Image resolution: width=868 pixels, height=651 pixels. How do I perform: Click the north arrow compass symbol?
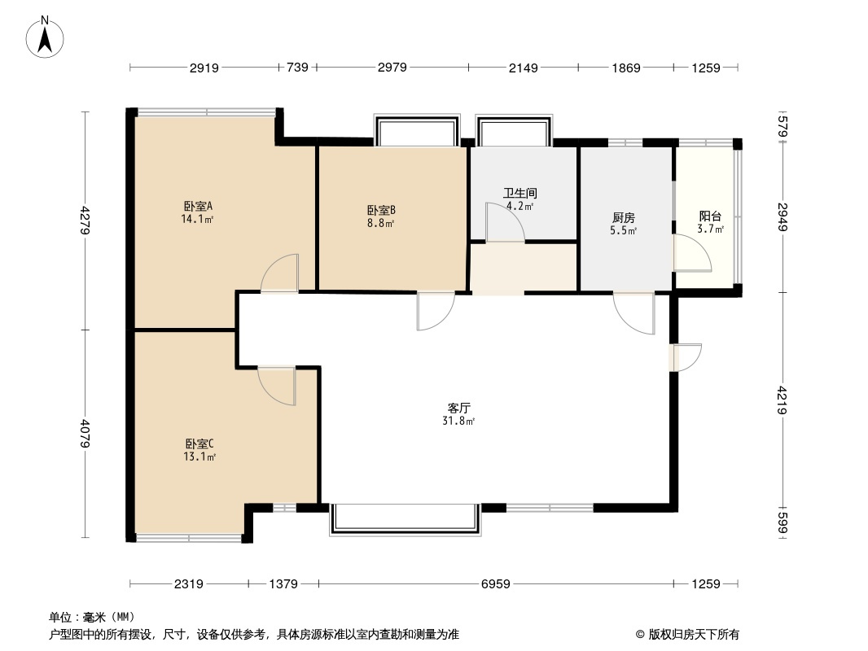pos(45,37)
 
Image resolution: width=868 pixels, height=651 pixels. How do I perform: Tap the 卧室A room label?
pos(198,207)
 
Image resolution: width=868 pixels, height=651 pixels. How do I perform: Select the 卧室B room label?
pos(381,211)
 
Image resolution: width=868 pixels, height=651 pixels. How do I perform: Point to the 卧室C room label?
pos(199,444)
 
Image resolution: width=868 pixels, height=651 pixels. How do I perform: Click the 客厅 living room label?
pos(459,409)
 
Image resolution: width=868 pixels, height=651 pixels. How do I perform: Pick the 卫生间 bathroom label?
pos(519,193)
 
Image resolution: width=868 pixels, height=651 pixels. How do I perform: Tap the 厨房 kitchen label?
pos(624,218)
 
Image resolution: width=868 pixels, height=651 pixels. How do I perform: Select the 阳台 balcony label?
pos(710,216)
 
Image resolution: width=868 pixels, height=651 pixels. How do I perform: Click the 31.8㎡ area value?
pos(458,421)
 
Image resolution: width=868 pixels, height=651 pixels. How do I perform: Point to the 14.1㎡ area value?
pos(198,219)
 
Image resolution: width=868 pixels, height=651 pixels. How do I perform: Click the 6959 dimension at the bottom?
pos(495,583)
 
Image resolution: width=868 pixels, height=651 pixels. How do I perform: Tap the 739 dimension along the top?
pos(297,68)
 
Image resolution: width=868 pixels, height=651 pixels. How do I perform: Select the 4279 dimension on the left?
pos(84,221)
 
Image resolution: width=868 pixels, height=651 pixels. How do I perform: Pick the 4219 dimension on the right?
pos(782,400)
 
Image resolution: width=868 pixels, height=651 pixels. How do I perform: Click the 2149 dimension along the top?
pos(523,68)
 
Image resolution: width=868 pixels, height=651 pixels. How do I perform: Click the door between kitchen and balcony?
pos(692,253)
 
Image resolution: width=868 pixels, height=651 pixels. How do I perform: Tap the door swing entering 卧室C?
pos(277,386)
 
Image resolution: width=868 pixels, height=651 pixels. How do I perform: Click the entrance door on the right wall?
pos(686,357)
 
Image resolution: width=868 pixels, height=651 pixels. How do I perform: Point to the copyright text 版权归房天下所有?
pos(694,635)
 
